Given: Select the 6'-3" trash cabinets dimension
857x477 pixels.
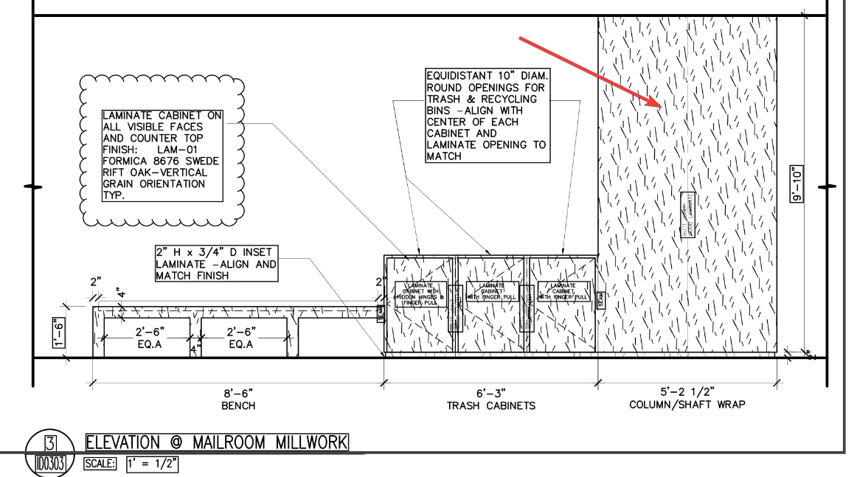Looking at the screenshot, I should point(490,393).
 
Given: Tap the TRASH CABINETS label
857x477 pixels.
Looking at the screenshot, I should point(490,405).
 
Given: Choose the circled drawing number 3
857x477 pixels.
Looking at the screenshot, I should point(52,443).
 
